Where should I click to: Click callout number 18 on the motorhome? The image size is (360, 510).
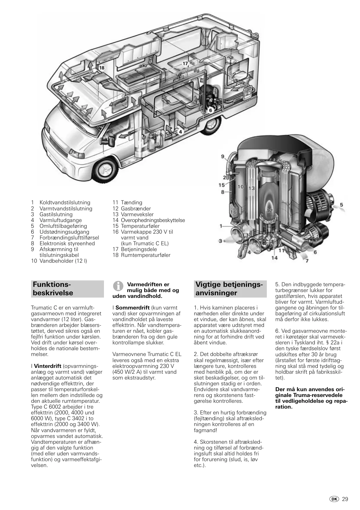[102, 68]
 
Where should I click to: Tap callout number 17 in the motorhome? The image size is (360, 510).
[185, 64]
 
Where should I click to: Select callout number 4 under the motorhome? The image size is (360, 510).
[180, 132]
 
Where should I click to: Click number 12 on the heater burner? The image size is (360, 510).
[270, 211]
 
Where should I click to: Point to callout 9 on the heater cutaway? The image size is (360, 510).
[223, 157]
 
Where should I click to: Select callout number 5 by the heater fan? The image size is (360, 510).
[341, 205]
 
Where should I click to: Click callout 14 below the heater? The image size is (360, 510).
[274, 257]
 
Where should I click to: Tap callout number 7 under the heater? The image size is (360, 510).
[307, 261]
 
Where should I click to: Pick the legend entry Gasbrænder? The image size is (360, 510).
[136, 208]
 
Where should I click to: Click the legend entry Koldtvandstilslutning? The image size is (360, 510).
[65, 203]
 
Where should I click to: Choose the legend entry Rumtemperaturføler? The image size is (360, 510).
[145, 255]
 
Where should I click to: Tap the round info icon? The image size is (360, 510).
[118, 286]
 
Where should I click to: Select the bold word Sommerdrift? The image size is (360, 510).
[132, 308]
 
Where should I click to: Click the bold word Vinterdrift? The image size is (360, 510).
[48, 366]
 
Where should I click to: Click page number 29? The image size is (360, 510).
[345, 499]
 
